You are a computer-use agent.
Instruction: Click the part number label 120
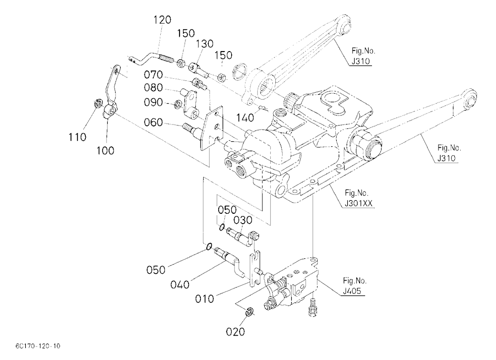coord(162,20)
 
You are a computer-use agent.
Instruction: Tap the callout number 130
coord(205,44)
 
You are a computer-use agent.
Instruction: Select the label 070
coord(153,75)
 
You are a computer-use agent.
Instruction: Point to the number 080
coord(153,88)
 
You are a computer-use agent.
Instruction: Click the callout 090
coord(153,102)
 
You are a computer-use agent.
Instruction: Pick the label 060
coord(153,122)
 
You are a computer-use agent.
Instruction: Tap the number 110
coord(77,137)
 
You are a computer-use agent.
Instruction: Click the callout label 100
coord(105,150)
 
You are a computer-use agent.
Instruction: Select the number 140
coord(245,118)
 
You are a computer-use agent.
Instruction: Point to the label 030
coord(243,220)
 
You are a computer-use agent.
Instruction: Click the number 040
coord(180,285)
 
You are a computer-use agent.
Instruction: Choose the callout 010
coord(204,299)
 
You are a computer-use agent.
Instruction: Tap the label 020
coord(235,332)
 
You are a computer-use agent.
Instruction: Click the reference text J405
coord(352,291)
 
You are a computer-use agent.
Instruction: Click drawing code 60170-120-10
coord(37,346)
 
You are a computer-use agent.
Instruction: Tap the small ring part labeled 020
coord(249,311)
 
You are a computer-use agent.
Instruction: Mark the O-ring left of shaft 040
coord(209,246)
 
